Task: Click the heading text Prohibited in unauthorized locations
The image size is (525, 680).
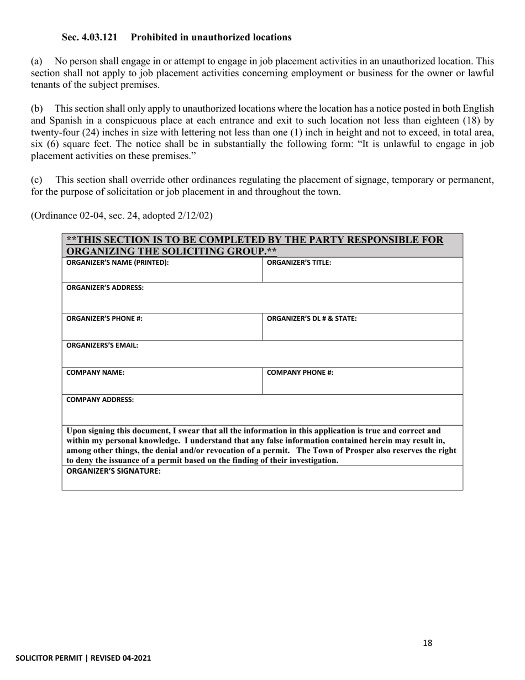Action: pyautogui.click(x=211, y=38)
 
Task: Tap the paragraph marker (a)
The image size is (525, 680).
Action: pyautogui.click(x=36, y=61)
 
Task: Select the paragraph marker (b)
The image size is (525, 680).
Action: pyautogui.click(x=36, y=109)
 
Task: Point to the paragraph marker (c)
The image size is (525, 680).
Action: pyautogui.click(x=36, y=180)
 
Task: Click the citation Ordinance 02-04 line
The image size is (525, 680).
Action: pyautogui.click(x=122, y=216)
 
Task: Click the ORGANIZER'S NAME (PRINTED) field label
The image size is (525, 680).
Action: pyautogui.click(x=117, y=263)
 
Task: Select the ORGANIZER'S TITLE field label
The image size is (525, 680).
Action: pyautogui.click(x=299, y=263)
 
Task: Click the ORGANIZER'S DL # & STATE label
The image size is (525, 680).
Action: pyautogui.click(x=312, y=318)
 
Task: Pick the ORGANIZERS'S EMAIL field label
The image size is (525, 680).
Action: pyautogui.click(x=102, y=346)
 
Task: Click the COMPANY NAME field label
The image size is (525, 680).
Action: pyautogui.click(x=95, y=373)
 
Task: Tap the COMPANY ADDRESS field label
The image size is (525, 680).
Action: pyautogui.click(x=100, y=399)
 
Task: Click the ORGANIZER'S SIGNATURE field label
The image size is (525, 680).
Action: pyautogui.click(x=113, y=471)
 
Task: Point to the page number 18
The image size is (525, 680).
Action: pyautogui.click(x=427, y=643)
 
